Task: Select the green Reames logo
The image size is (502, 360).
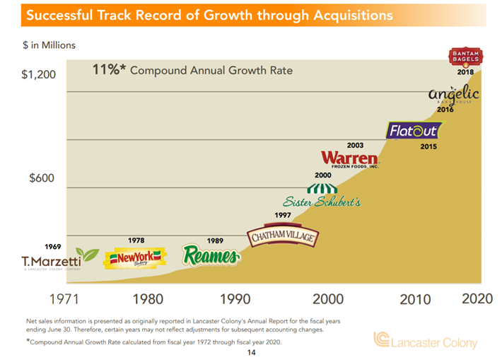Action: tap(210, 256)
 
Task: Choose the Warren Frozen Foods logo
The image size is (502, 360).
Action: tap(349, 159)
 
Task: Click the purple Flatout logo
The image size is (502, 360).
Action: tap(414, 131)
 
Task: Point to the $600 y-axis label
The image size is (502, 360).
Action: tap(42, 178)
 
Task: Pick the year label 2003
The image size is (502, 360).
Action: tap(356, 146)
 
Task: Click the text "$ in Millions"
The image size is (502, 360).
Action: tap(49, 45)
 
